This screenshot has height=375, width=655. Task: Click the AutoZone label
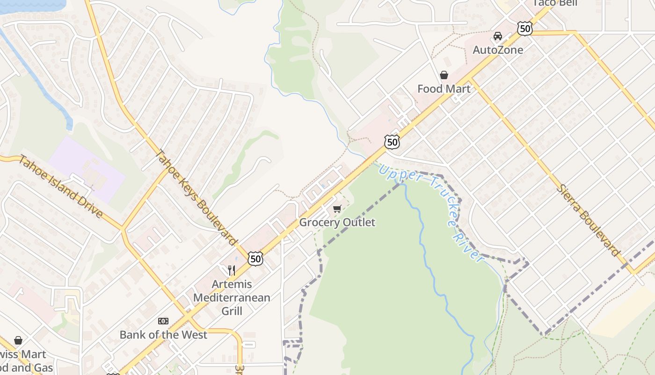click(498, 50)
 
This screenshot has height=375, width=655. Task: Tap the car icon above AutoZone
click(498, 36)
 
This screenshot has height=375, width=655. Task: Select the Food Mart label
click(444, 89)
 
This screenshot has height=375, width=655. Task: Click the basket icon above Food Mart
click(444, 75)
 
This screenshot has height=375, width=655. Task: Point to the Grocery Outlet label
click(337, 222)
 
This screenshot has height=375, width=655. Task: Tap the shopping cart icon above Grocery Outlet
click(337, 209)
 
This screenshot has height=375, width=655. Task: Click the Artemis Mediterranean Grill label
click(232, 298)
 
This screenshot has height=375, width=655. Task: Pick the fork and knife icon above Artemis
click(232, 270)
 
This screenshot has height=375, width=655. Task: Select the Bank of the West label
click(163, 335)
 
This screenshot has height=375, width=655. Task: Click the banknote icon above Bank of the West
click(163, 321)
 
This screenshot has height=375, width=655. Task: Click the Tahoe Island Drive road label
click(60, 187)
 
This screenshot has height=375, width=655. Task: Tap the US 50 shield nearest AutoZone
click(525, 29)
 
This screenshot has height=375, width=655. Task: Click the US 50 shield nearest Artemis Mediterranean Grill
click(255, 259)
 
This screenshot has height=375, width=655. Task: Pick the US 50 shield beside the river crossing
click(392, 142)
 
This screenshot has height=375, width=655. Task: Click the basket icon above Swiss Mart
click(18, 340)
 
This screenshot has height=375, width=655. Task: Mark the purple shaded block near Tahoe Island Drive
click(87, 169)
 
